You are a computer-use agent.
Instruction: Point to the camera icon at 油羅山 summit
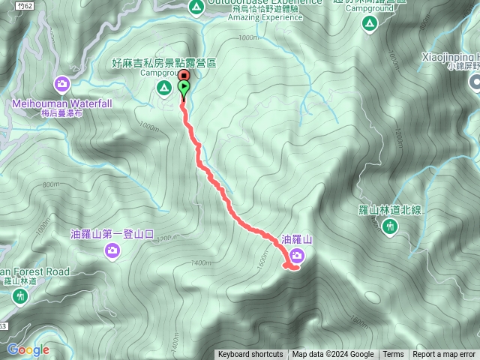tap(296, 256)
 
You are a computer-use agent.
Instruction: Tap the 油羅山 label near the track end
tap(296, 239)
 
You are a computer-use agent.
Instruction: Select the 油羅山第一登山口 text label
tap(112, 233)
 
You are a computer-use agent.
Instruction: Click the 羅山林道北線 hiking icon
tap(389, 227)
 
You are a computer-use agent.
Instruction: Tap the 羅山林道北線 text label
tap(388, 210)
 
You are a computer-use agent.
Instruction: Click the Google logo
tap(28, 349)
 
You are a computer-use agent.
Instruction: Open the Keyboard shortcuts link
tap(250, 355)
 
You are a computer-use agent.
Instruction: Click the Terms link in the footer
tap(393, 355)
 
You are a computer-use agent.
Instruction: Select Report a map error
tap(444, 355)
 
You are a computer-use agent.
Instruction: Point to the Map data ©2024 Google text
tap(333, 355)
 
